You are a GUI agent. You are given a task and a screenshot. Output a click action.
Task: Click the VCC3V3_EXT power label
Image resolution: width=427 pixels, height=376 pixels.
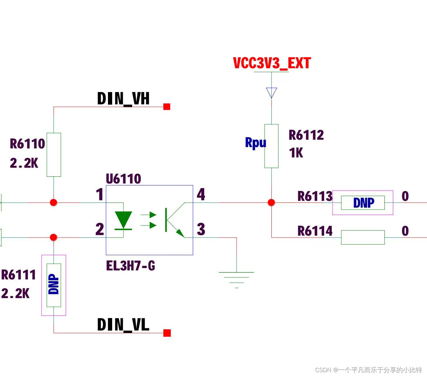point(272,63)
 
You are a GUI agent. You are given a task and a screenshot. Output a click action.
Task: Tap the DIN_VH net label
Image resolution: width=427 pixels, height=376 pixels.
point(123,99)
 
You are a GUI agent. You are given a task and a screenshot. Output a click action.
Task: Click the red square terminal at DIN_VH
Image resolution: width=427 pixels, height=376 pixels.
point(167,107)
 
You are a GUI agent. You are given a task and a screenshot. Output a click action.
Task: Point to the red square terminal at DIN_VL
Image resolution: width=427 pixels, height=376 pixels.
point(167,333)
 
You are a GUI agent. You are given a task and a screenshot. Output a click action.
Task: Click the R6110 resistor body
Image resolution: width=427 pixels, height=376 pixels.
point(54,155)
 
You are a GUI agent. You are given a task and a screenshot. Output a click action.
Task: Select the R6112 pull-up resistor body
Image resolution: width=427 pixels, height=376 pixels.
point(271,146)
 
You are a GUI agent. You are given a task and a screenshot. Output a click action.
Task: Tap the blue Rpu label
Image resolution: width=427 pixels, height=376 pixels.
point(256,143)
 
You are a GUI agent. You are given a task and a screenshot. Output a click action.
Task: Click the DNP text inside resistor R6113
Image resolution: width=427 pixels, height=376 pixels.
point(364,203)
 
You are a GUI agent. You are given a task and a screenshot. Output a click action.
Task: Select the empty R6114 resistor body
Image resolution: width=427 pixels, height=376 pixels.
point(363,238)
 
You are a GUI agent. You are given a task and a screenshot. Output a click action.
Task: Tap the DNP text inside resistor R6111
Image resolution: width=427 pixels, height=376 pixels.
point(53,284)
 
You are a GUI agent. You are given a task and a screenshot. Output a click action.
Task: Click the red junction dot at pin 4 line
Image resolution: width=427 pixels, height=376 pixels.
point(271,202)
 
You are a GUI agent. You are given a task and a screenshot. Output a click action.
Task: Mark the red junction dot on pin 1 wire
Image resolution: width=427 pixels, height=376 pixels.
point(53,202)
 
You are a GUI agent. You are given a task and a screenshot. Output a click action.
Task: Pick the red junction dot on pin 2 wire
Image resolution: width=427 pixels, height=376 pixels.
point(53,237)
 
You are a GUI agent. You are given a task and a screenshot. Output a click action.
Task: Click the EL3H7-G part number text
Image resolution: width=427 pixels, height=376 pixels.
point(131,266)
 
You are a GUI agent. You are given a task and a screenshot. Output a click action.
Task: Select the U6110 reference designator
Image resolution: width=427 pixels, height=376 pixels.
point(123,179)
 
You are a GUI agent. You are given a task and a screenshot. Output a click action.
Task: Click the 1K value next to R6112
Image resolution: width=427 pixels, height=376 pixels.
point(296,153)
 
